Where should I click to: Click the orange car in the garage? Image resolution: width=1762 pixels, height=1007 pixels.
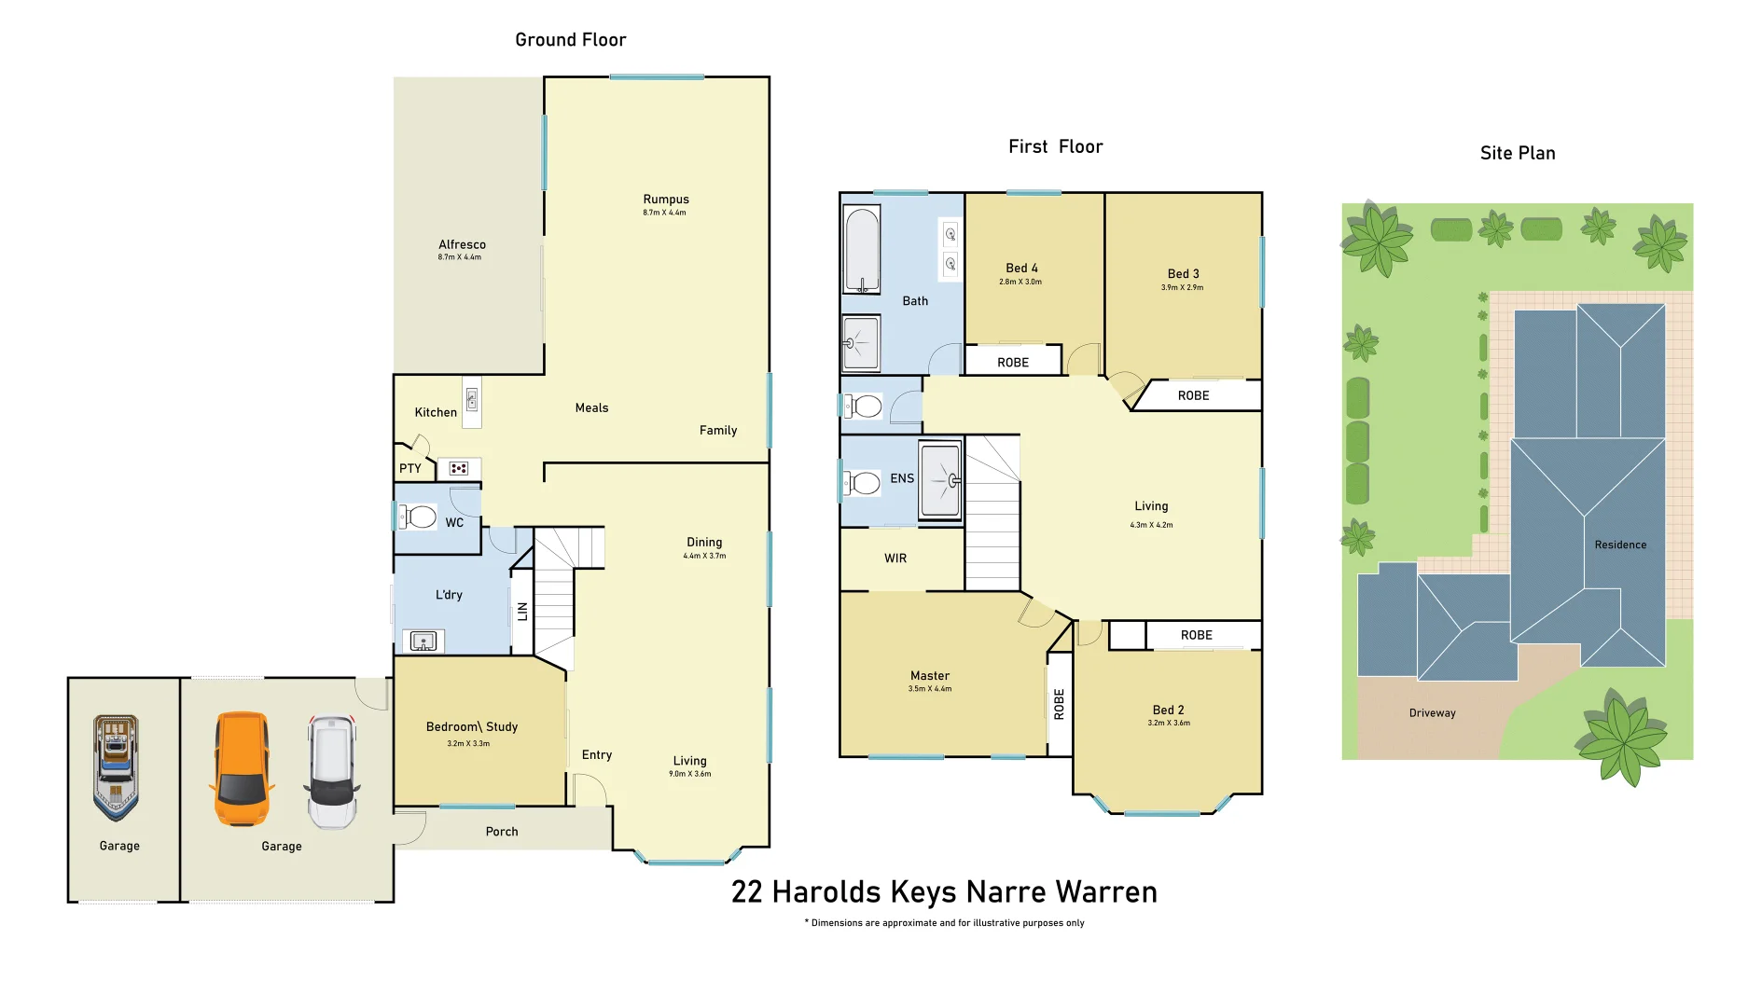243,769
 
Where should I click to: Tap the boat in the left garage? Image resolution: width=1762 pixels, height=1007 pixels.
116,766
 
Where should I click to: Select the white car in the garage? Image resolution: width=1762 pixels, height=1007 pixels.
332,771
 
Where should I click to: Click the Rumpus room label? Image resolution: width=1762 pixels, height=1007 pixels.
666,200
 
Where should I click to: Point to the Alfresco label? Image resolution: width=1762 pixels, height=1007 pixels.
462,245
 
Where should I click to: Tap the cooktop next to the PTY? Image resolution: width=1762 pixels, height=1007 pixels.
458,468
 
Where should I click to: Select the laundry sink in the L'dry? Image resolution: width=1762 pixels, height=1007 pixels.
423,641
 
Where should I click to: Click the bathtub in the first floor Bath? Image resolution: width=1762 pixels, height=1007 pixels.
862,250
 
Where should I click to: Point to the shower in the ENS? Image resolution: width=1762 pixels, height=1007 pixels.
940,480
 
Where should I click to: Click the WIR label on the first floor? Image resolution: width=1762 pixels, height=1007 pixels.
895,559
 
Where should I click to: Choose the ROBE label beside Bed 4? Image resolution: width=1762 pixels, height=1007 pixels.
1013,363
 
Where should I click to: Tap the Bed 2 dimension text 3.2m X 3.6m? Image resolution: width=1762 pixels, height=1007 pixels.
1169,723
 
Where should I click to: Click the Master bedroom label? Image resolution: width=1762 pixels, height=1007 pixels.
930,676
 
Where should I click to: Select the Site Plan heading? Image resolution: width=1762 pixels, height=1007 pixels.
1518,154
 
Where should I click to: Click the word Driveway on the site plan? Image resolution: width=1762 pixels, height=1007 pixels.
1433,713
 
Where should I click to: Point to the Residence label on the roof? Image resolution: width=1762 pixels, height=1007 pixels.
1620,545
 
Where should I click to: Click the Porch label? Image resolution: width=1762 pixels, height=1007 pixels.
502,832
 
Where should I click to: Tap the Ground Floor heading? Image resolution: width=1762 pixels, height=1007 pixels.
571,40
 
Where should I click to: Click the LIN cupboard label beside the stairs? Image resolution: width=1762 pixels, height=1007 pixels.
522,612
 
